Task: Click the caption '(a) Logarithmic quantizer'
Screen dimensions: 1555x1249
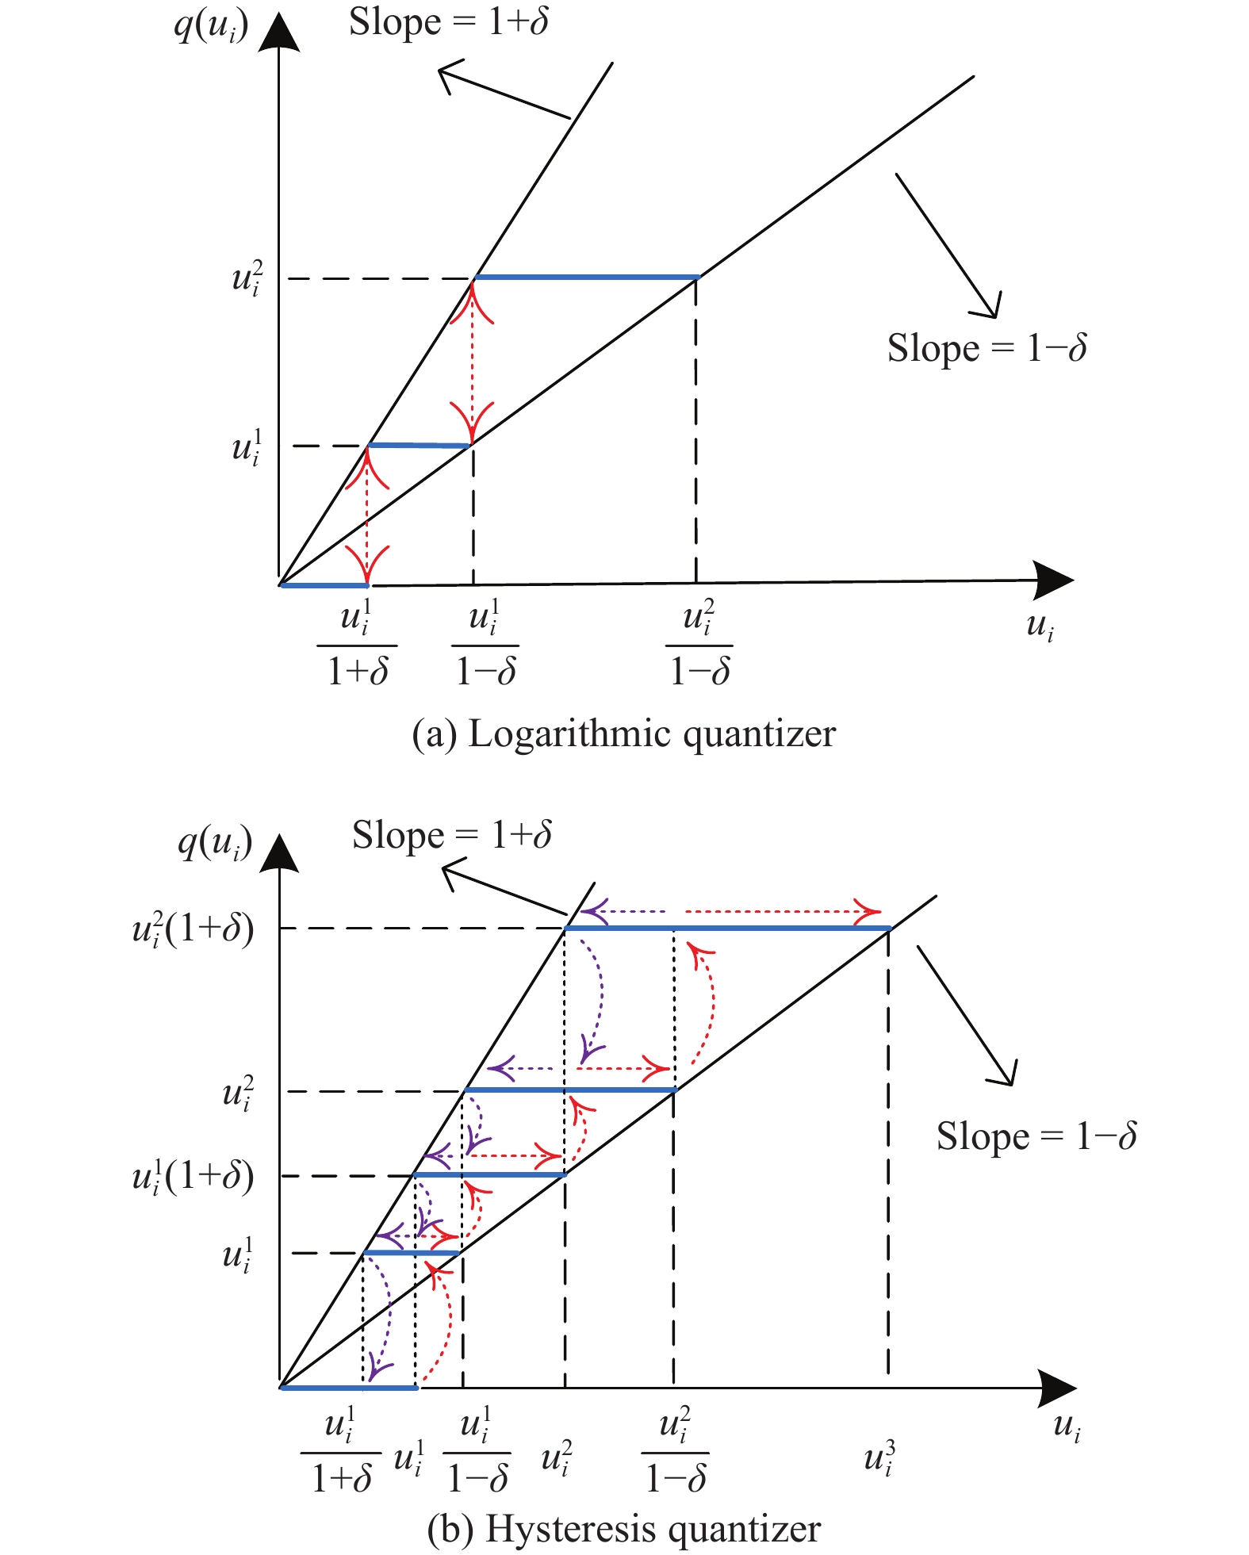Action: point(623,733)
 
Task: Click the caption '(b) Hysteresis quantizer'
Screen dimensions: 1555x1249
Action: point(623,1529)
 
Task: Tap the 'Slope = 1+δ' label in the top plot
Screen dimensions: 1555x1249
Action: point(449,22)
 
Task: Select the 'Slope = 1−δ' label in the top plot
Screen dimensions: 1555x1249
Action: point(987,348)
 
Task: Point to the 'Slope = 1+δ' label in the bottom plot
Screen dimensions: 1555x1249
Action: point(452,836)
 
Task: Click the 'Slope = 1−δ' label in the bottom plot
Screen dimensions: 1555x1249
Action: point(1036,1136)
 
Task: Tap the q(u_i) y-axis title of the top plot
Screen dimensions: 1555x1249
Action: point(211,26)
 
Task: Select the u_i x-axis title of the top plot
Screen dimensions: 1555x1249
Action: point(1040,626)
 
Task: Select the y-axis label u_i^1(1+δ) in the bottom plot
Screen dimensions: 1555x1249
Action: point(193,1175)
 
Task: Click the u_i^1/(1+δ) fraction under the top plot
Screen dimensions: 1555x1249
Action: point(357,644)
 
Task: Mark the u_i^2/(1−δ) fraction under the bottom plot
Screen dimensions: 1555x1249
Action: point(675,1450)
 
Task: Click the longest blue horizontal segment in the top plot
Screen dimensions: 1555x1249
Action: point(586,278)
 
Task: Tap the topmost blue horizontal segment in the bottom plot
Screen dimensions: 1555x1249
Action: point(727,928)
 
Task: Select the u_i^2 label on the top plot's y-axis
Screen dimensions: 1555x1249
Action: point(247,279)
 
